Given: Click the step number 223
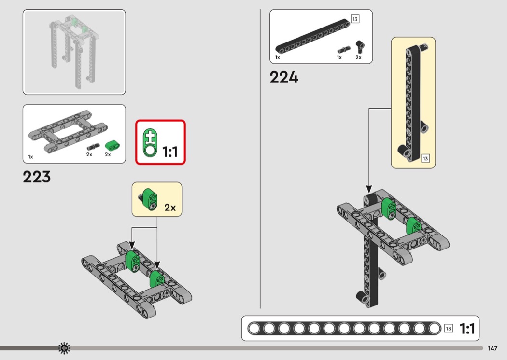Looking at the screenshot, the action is [37, 177].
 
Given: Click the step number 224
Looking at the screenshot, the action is [284, 77].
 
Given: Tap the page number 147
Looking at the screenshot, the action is [493, 348].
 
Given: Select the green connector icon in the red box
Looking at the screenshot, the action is [150, 143].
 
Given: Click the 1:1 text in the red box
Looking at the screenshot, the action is [170, 152].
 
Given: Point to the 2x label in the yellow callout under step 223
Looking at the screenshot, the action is [170, 207].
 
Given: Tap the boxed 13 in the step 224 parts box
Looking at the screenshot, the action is [355, 19].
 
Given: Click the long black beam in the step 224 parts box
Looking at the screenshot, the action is [313, 36].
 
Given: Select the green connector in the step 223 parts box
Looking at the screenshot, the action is [112, 145].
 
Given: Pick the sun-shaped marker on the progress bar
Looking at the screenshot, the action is [64, 348].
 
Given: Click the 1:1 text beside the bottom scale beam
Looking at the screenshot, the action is [467, 329].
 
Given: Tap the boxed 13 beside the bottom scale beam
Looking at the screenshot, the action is [449, 329].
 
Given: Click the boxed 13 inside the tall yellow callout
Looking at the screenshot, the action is [425, 158].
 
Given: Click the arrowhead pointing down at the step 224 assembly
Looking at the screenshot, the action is [369, 189].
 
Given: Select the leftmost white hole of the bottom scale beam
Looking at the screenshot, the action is [254, 329].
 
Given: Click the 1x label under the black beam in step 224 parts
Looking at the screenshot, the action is [278, 57].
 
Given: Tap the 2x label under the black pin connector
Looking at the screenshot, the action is [359, 57].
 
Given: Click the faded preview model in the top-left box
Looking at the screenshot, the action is [74, 51].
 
